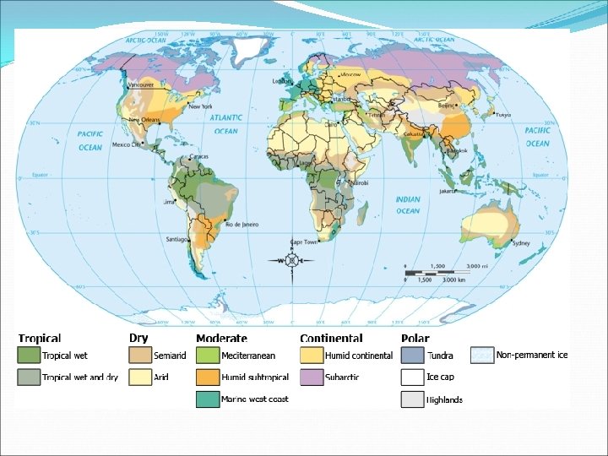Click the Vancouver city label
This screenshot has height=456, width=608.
coord(140,85)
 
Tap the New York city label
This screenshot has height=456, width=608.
coord(200,106)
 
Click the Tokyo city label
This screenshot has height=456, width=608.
coord(503,115)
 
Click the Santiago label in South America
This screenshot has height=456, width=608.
coord(177,239)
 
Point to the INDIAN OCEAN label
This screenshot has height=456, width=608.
coord(408,205)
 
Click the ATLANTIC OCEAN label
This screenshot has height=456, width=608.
coord(225,126)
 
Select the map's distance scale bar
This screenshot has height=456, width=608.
coord(443,271)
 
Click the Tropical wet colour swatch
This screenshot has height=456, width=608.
coord(29,356)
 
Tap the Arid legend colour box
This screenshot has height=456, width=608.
coord(140,377)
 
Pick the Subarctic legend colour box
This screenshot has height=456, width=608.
coord(312,377)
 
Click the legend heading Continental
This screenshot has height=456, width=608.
coord(331,338)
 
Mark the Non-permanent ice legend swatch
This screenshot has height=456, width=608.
coord(482,355)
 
